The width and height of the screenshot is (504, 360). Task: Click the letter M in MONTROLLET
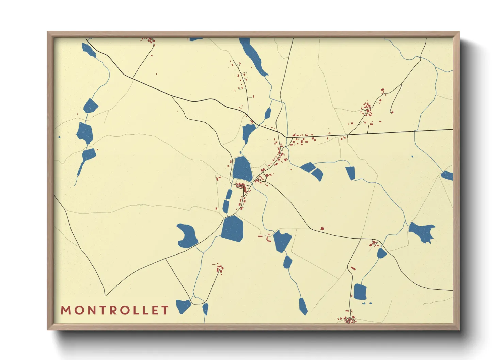click(x=66, y=310)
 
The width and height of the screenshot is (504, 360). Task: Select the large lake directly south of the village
click(x=233, y=229)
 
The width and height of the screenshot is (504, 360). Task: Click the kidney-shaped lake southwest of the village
click(x=187, y=236)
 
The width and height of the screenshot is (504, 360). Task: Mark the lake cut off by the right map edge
click(x=447, y=176)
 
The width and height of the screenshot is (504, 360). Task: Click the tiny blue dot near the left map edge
click(x=59, y=137)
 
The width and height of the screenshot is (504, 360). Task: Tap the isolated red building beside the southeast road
click(x=322, y=229)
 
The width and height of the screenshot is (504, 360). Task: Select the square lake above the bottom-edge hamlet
click(x=360, y=292)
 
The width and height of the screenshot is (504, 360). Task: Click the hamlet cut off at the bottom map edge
click(x=349, y=320)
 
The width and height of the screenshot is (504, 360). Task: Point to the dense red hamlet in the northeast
click(x=367, y=109)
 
